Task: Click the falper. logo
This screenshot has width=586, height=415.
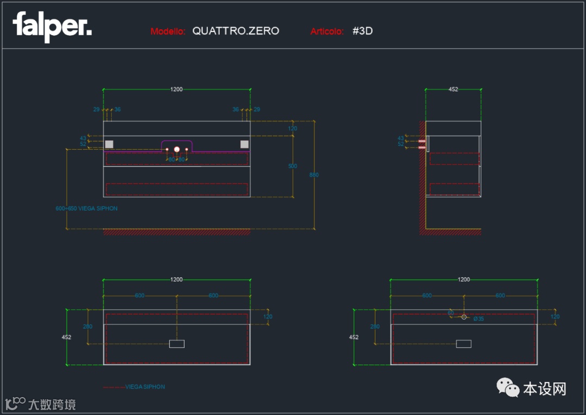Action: pos(52,27)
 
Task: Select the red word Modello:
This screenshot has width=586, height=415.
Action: pos(168,31)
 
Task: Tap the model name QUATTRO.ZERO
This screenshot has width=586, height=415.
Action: pos(235,31)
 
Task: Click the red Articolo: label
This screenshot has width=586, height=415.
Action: pos(327,31)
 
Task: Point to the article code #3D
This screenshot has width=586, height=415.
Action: pos(362,31)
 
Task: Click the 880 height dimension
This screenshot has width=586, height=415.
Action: pos(314,175)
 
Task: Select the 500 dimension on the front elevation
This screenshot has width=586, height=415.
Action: pos(292,166)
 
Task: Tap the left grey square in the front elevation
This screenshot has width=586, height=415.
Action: pos(109,144)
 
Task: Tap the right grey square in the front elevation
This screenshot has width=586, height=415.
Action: pos(244,144)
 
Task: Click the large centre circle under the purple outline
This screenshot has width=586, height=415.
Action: pos(176,149)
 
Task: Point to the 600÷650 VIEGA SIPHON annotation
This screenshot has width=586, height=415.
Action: pos(87,208)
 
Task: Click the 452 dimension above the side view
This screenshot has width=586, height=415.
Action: pos(453,90)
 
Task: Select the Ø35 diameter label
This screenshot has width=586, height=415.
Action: pos(479,318)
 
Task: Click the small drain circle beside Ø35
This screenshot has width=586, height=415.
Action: pos(464,316)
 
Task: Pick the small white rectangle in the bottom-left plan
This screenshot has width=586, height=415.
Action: pos(177,343)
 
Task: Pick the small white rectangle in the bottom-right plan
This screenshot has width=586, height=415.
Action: pos(463,343)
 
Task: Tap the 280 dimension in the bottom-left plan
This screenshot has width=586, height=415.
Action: pos(87,327)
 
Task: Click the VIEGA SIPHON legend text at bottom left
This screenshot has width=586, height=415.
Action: pos(145,387)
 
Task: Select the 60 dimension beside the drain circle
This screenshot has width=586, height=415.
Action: pos(451,312)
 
